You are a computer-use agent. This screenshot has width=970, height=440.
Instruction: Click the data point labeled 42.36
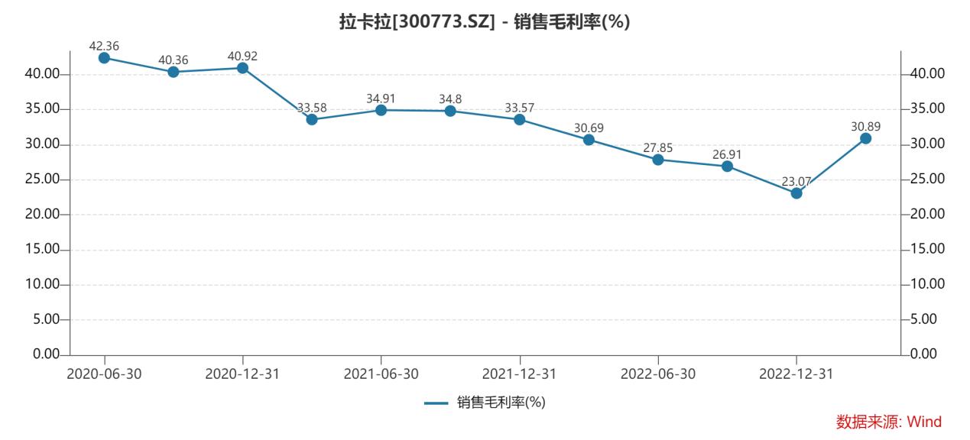[104, 57]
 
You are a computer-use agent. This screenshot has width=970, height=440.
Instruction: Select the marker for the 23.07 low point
[796, 193]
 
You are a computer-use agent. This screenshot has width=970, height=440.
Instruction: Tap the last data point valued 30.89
[865, 138]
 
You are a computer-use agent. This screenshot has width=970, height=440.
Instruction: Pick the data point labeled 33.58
[311, 119]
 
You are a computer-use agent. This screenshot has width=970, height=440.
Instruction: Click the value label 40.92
[242, 55]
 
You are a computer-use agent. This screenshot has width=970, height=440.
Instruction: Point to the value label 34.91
[381, 98]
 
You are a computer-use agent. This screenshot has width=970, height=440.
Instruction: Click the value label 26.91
[727, 154]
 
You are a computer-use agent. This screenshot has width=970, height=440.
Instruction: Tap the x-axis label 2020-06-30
[104, 374]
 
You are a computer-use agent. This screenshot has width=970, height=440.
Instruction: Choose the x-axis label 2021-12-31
[519, 374]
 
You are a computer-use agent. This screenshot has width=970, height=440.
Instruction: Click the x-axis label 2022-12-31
[796, 374]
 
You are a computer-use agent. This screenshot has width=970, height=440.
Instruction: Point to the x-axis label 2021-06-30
[381, 374]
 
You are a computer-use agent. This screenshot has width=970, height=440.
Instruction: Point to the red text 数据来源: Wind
[888, 422]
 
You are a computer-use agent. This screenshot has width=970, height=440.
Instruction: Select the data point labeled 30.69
[589, 140]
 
